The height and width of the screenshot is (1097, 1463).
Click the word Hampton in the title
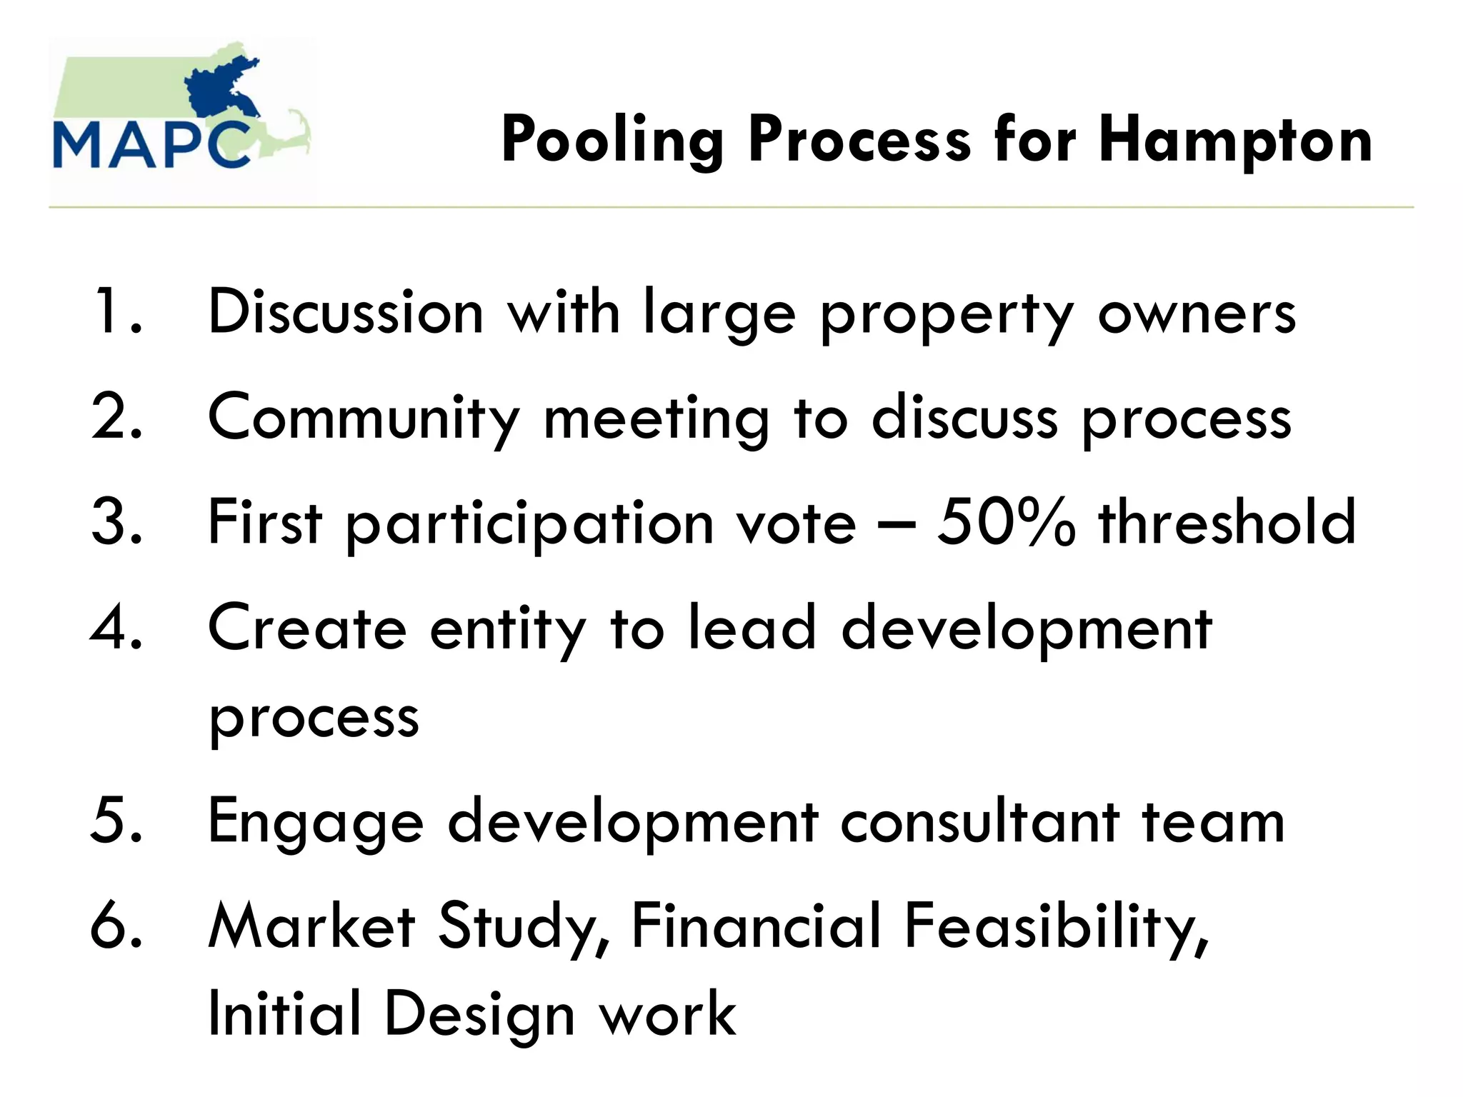point(1235,140)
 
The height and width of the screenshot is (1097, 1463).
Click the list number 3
point(117,522)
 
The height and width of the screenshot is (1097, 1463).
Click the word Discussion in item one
point(346,311)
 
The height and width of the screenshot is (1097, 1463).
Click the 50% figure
point(1006,522)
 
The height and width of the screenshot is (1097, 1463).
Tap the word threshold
point(1227,522)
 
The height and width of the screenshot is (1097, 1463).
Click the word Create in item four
point(307,628)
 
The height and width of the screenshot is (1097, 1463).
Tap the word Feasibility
point(1057,926)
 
